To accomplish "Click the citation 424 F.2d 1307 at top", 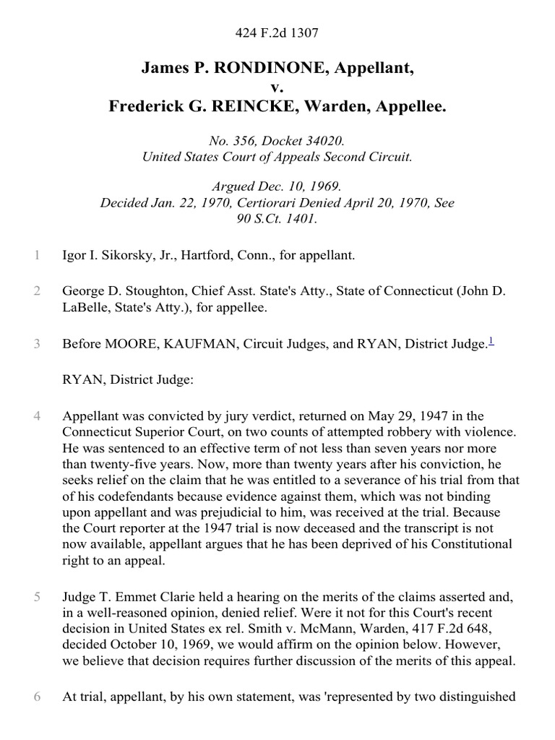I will point(277,32).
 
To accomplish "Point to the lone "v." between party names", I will point(277,87).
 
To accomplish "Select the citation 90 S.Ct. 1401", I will point(277,218).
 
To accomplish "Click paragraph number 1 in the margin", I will point(37,255).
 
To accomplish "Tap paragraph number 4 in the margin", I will point(37,416).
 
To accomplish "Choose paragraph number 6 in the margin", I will point(37,697).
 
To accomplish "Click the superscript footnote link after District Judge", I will point(491,343).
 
